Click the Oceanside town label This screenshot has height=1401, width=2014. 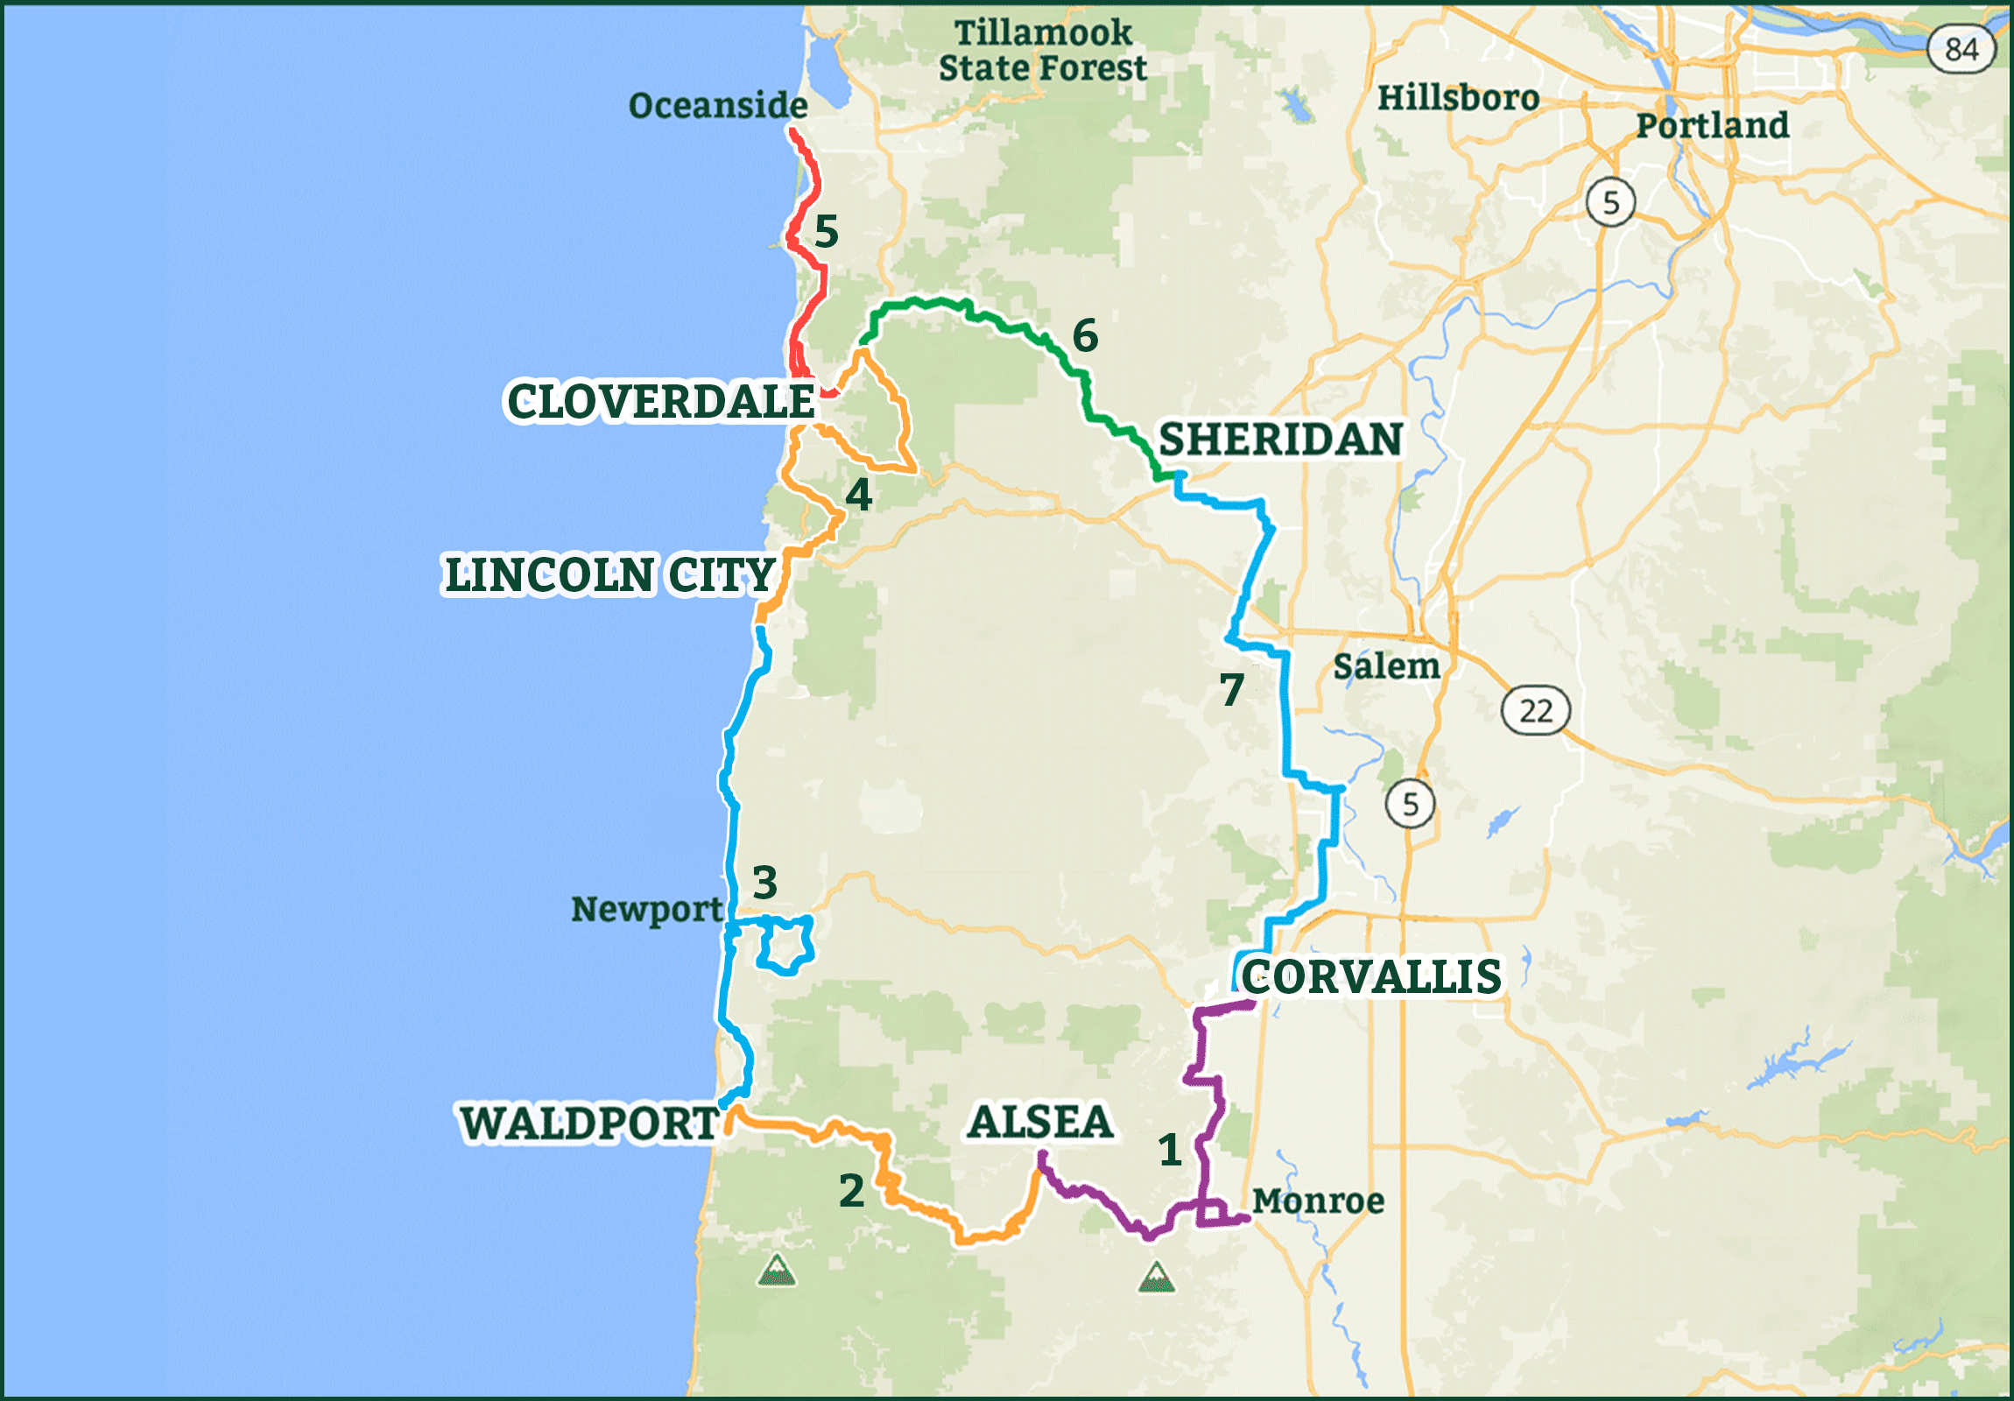click(717, 105)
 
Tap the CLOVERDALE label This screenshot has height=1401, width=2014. click(660, 401)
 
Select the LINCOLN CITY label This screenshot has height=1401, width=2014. click(609, 575)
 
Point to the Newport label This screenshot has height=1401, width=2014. click(646, 909)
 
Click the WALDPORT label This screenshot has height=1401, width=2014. click(589, 1123)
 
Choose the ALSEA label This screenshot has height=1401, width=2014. click(1039, 1122)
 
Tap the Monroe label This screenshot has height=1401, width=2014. click(1318, 1200)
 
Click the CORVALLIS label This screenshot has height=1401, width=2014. click(1371, 976)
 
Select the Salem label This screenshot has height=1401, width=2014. click(1386, 665)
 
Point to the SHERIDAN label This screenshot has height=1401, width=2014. click(1281, 439)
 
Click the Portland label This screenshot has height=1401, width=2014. click(1711, 125)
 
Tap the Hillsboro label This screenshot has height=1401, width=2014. click(1458, 97)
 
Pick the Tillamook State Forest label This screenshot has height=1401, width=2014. click(1042, 50)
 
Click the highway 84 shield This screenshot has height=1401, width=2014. click(1961, 49)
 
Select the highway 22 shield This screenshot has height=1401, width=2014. click(1535, 711)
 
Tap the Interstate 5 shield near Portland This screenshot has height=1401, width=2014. click(1610, 202)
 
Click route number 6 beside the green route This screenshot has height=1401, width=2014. click(1085, 335)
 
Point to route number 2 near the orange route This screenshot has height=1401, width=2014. click(851, 1191)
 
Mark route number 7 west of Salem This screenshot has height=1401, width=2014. click(1231, 689)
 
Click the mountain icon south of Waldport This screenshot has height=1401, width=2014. click(777, 1270)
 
